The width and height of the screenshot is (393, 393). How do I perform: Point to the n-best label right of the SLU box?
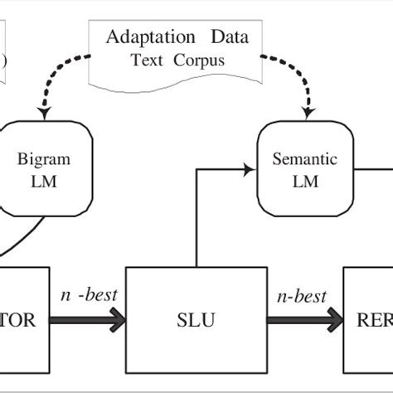pos(300,296)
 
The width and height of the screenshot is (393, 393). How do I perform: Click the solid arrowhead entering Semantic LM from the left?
pos(248,170)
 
